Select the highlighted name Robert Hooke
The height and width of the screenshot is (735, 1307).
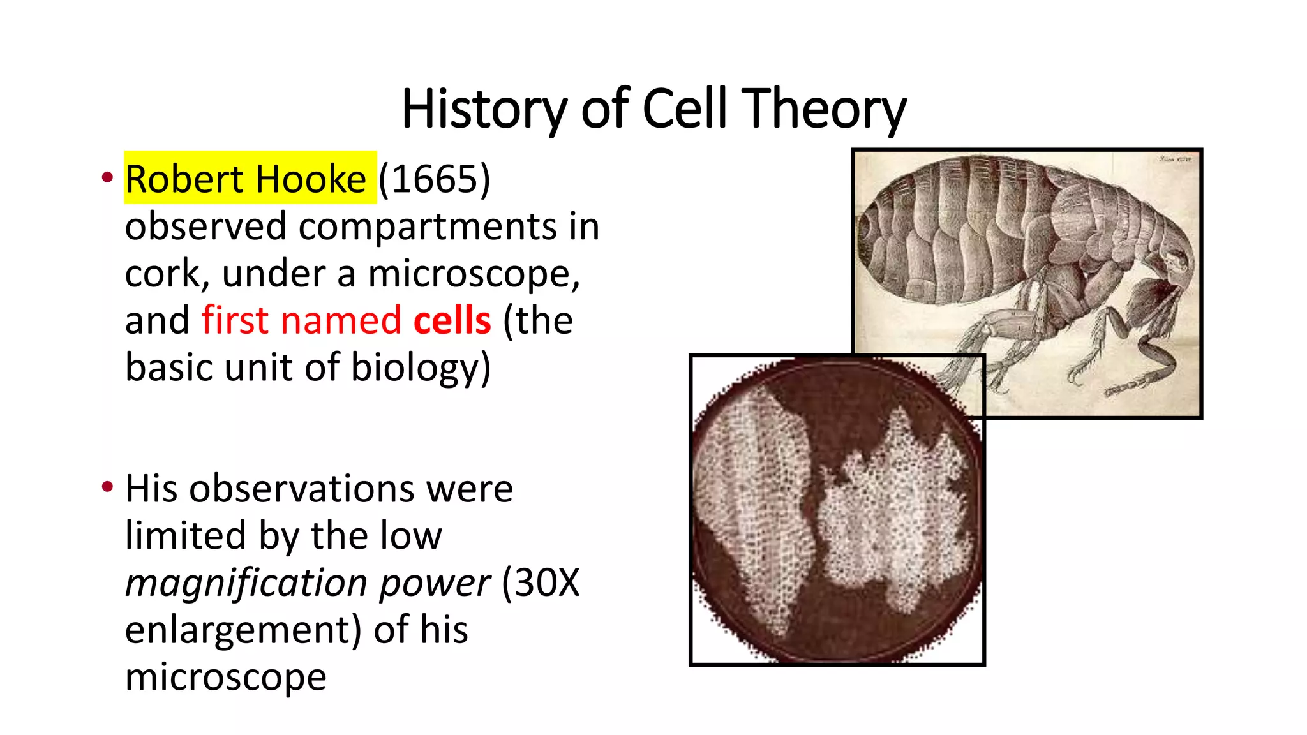(x=246, y=179)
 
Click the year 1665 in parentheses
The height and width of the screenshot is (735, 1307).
(x=435, y=179)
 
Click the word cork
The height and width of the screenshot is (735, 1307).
(x=162, y=274)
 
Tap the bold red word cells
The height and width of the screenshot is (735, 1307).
(x=452, y=320)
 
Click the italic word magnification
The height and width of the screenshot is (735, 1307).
(x=246, y=583)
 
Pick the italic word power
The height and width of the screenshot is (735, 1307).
(x=435, y=583)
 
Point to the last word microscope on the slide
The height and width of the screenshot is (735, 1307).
(x=226, y=677)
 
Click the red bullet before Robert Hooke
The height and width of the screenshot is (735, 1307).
(x=107, y=177)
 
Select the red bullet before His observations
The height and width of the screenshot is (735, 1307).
(x=107, y=487)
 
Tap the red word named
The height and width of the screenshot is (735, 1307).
(x=341, y=320)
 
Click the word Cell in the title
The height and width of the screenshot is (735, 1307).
(x=685, y=109)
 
